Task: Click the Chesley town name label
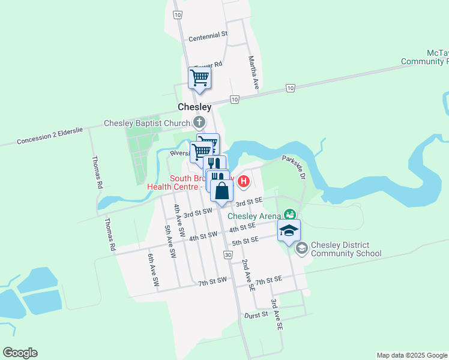194,107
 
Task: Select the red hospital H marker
244,181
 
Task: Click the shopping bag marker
221,191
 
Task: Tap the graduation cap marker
289,230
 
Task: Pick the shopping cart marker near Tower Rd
199,78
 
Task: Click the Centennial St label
208,37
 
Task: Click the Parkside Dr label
295,168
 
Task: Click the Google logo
20,353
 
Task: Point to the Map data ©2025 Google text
412,355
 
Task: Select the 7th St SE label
268,280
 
